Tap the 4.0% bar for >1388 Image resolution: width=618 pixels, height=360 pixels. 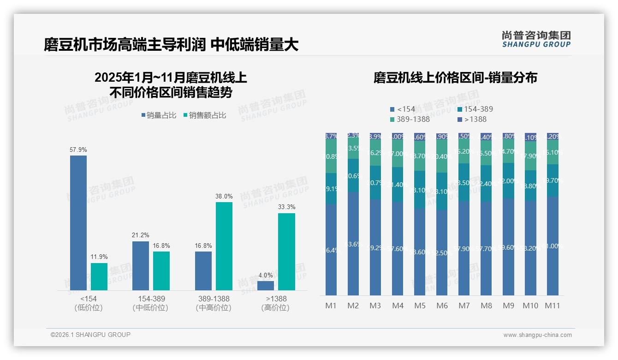266,286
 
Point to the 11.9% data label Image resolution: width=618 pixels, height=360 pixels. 99,257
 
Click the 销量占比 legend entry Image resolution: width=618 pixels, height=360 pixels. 159,115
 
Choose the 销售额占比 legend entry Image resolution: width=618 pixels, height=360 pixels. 205,115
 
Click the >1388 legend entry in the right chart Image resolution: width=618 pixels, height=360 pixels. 473,120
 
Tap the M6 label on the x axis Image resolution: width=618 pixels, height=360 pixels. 442,306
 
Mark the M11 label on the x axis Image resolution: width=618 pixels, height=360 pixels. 553,306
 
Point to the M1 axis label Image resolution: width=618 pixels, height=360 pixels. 331,306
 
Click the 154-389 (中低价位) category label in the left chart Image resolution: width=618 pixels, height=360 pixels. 151,303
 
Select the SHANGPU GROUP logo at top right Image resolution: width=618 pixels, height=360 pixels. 536,39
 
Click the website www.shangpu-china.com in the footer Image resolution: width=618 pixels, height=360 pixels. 537,335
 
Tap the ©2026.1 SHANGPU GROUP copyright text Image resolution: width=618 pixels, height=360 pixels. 90,335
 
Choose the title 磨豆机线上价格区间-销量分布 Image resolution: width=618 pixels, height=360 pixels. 455,78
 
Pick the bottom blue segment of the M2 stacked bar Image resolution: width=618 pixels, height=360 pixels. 353,244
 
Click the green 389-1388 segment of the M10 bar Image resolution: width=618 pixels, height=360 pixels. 530,156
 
